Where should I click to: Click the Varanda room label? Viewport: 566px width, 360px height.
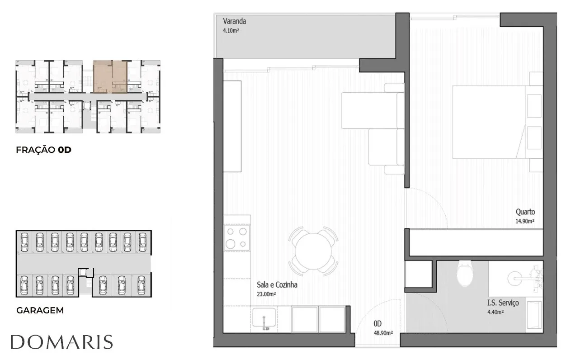[x=234, y=21]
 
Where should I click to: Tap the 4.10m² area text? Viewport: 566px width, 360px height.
[x=231, y=31]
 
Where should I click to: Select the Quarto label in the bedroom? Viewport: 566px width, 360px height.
[x=525, y=212]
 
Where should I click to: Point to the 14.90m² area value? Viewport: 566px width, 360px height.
[x=525, y=221]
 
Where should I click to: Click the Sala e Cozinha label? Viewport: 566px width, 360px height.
[x=277, y=284]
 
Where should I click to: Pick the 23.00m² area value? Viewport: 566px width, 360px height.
[x=266, y=294]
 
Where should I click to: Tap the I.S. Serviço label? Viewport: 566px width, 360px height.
[x=503, y=303]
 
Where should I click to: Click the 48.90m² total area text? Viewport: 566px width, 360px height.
[x=383, y=333]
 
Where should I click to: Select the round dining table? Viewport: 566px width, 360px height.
[x=313, y=251]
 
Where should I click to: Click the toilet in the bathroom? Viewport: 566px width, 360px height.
[x=465, y=274]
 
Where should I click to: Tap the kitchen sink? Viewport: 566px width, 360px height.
[x=264, y=318]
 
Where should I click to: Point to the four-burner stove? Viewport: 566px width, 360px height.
[x=236, y=237]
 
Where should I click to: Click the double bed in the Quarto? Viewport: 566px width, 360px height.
[x=497, y=122]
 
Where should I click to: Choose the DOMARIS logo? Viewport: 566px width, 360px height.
[x=61, y=342]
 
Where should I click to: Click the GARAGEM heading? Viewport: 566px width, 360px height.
[x=40, y=310]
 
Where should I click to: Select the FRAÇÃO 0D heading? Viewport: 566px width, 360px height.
[x=43, y=150]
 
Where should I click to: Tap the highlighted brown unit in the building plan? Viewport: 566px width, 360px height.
[x=110, y=76]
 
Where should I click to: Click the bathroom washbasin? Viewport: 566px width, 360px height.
[x=515, y=278]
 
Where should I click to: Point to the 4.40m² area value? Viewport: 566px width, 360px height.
[x=495, y=312]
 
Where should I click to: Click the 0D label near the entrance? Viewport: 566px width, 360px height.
[x=377, y=324]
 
